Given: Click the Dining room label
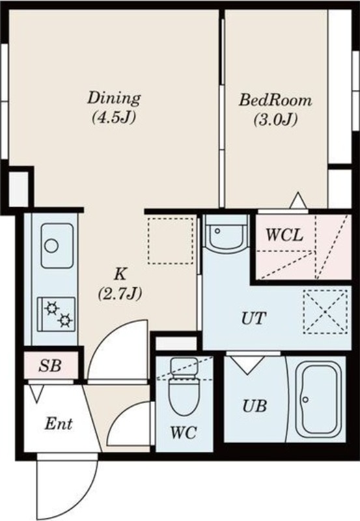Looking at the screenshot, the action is (114, 98).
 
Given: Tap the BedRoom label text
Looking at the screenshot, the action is (275, 100).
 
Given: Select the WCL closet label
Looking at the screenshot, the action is (284, 235).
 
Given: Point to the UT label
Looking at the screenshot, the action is (254, 318).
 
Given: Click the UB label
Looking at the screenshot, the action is (255, 406).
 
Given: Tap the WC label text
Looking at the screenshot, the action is (184, 432).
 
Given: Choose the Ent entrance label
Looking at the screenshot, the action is (59, 424).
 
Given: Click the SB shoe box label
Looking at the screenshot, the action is (50, 365).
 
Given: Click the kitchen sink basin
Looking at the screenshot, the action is (57, 246).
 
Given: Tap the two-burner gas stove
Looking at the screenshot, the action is (57, 314).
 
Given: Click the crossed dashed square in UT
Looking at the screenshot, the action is (325, 311).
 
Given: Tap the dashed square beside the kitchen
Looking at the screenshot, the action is (171, 241).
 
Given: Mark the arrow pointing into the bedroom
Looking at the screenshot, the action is (298, 201).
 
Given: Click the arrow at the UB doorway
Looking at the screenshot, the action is (247, 365).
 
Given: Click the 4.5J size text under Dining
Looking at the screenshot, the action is (113, 117).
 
